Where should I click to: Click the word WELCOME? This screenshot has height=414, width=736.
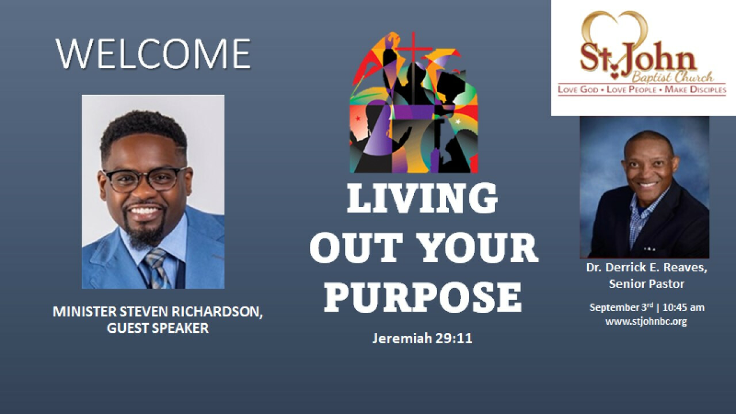(x=153, y=54)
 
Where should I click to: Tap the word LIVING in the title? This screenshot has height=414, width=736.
(x=422, y=199)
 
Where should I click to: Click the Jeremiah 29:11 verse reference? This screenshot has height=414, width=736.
(x=422, y=338)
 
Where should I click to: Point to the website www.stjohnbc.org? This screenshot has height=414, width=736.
(x=646, y=321)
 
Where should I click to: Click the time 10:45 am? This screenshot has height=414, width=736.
(x=684, y=308)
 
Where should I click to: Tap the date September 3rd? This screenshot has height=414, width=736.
(x=621, y=308)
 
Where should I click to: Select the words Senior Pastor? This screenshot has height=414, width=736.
(x=647, y=284)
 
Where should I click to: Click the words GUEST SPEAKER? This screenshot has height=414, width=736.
(x=158, y=328)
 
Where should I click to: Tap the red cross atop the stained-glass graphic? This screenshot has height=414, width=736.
(x=413, y=48)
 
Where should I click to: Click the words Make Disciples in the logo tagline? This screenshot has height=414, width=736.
(x=695, y=89)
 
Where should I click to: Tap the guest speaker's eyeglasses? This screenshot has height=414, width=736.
(x=144, y=179)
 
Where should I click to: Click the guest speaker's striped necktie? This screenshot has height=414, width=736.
(x=157, y=269)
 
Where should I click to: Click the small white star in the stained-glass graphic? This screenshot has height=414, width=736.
(x=458, y=122)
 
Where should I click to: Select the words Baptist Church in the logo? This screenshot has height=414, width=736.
(x=672, y=78)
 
